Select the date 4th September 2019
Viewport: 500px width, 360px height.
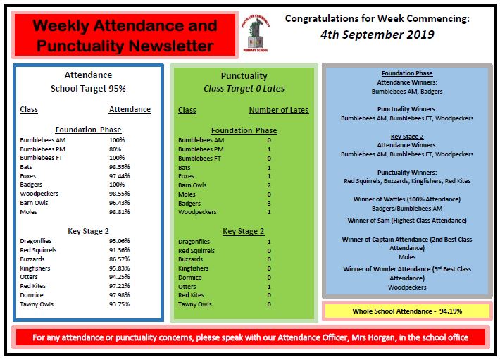click(x=377, y=34)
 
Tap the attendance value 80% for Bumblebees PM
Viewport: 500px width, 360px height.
click(x=115, y=149)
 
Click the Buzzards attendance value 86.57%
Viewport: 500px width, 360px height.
click(x=120, y=259)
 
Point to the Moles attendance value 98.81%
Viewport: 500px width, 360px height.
click(x=120, y=211)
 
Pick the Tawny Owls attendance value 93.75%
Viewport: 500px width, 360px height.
click(x=120, y=304)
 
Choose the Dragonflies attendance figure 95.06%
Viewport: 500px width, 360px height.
click(x=120, y=241)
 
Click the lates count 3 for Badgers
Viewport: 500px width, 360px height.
click(x=269, y=203)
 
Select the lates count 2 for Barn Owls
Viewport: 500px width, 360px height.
click(x=269, y=185)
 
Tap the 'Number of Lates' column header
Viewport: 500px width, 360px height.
click(x=278, y=110)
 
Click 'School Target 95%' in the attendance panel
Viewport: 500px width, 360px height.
click(x=88, y=89)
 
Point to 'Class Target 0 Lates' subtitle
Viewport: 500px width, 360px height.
click(x=244, y=89)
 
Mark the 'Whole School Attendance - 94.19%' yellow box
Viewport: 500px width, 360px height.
click(x=406, y=311)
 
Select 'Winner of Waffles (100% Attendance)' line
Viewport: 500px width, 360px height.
click(x=406, y=199)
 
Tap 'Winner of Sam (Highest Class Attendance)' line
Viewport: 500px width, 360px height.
click(x=406, y=221)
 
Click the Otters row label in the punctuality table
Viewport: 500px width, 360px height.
click(x=188, y=286)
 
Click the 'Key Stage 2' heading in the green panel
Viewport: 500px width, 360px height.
click(x=244, y=231)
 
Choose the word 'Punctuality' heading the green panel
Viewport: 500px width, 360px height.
click(x=244, y=76)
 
